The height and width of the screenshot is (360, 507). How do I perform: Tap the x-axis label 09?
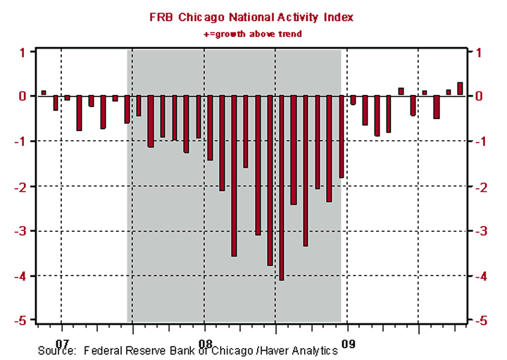[347, 336]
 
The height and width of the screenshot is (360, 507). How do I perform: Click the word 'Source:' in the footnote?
[56, 350]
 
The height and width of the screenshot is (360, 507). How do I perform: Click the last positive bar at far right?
[460, 89]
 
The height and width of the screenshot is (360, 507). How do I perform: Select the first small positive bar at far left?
[44, 92]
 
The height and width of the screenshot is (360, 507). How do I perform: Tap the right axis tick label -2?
[486, 186]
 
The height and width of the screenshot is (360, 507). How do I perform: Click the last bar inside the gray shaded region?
[341, 137]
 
